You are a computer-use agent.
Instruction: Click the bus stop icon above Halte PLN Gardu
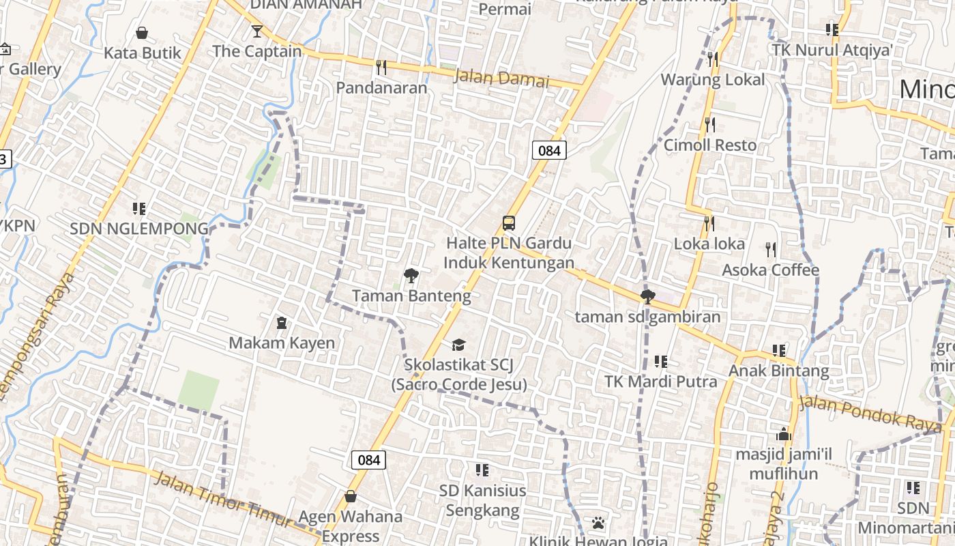click(509, 222)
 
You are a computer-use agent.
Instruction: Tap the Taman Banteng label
click(411, 296)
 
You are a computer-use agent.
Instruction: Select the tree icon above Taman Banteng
click(411, 276)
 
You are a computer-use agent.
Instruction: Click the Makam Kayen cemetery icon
click(281, 322)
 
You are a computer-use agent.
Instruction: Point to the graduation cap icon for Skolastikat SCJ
click(458, 345)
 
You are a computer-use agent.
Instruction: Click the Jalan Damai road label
click(501, 78)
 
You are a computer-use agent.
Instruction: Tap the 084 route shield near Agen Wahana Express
click(368, 459)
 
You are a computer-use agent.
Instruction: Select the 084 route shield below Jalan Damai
click(549, 150)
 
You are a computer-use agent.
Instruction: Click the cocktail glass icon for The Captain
click(256, 31)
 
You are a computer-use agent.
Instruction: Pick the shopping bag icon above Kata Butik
click(142, 33)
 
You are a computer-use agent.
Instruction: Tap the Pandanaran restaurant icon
click(381, 67)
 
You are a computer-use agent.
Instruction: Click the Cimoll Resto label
click(710, 145)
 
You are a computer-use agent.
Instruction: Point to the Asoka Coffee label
click(771, 270)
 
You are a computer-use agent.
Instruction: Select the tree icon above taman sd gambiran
click(647, 297)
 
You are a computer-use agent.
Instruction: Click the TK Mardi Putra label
click(661, 382)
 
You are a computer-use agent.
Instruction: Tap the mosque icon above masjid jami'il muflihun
click(783, 434)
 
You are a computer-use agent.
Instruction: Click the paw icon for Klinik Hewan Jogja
click(598, 523)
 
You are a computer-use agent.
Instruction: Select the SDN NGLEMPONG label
click(139, 229)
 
